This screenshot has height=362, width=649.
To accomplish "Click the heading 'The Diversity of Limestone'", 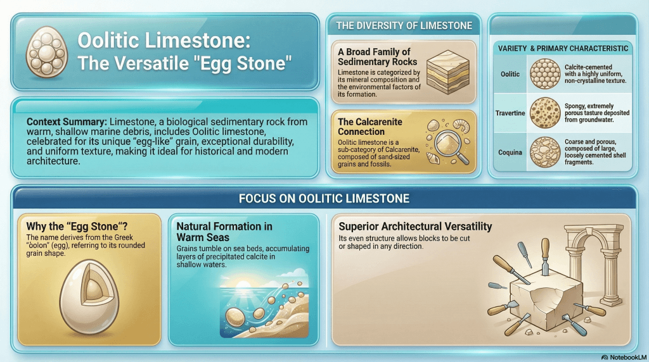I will [404, 26].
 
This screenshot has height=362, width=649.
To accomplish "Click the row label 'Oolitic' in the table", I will [510, 74].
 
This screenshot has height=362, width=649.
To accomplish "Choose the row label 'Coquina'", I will [510, 152].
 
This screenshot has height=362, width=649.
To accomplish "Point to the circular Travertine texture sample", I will [543, 113].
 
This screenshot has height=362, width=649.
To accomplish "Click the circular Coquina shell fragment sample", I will [543, 152].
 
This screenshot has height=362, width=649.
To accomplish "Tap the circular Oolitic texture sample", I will [543, 73].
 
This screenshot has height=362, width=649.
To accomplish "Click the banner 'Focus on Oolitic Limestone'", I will [324, 199].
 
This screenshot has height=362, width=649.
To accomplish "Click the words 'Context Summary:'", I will [67, 121].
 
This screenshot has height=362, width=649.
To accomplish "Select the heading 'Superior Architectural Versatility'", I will [415, 227].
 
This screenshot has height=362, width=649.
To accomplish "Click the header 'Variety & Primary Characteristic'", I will [563, 48].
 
